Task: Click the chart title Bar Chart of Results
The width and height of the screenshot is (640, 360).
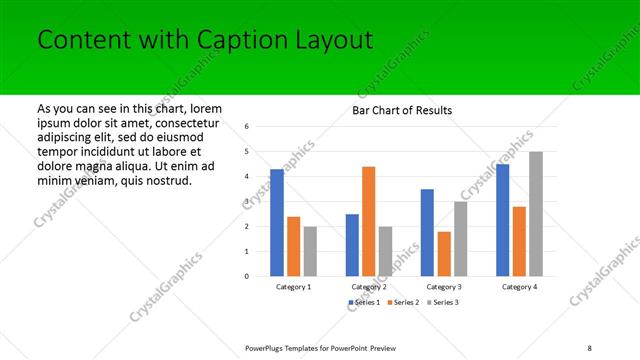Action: pos(402,110)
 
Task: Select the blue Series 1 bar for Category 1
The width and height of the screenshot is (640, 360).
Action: pos(277,223)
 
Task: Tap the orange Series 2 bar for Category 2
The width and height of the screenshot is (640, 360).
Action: pos(368,221)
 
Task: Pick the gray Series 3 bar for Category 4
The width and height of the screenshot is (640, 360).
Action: pos(536,214)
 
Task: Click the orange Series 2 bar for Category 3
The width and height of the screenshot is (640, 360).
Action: pos(444,254)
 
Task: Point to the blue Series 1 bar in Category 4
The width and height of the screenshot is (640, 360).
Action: pos(502,220)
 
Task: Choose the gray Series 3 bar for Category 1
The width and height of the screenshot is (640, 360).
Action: pos(310,251)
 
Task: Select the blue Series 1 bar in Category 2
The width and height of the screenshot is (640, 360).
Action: pos(352,245)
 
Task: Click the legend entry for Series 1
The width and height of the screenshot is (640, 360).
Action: pos(364,302)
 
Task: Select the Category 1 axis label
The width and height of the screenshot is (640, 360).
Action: pos(293,287)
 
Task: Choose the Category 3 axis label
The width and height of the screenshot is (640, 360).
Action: pos(444,287)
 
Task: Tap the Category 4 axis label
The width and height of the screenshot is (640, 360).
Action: pos(519,287)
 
